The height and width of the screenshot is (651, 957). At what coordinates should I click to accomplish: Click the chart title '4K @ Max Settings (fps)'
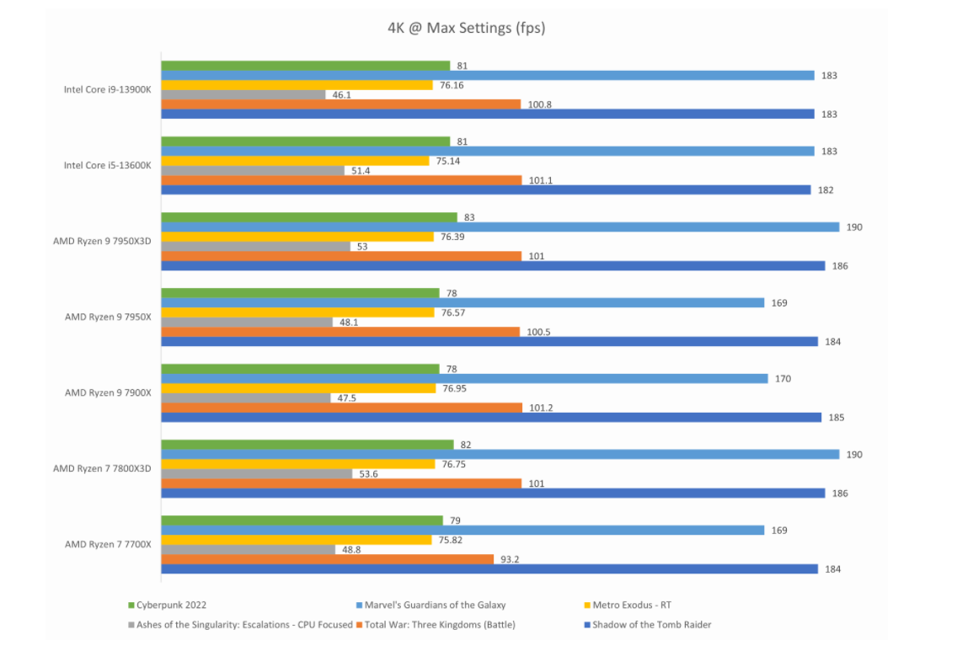(466, 28)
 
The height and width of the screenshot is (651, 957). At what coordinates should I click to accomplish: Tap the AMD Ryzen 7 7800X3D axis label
(102, 468)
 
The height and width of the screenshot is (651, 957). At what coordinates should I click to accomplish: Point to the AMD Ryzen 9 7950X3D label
(102, 241)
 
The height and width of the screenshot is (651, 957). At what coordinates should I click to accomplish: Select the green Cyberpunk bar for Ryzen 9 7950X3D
(308, 217)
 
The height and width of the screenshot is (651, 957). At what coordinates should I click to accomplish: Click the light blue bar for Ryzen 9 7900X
(463, 379)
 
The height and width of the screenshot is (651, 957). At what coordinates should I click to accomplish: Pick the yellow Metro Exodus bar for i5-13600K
(295, 161)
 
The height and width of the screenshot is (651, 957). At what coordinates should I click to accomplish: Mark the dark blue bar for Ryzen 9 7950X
(489, 341)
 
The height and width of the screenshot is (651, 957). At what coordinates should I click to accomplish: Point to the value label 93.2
(511, 559)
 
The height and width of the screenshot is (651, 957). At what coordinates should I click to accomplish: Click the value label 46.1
(342, 95)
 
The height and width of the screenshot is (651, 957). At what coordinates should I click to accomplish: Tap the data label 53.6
(369, 474)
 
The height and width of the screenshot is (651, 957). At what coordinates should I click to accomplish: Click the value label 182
(826, 190)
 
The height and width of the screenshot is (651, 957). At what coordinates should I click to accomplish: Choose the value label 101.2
(540, 408)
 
